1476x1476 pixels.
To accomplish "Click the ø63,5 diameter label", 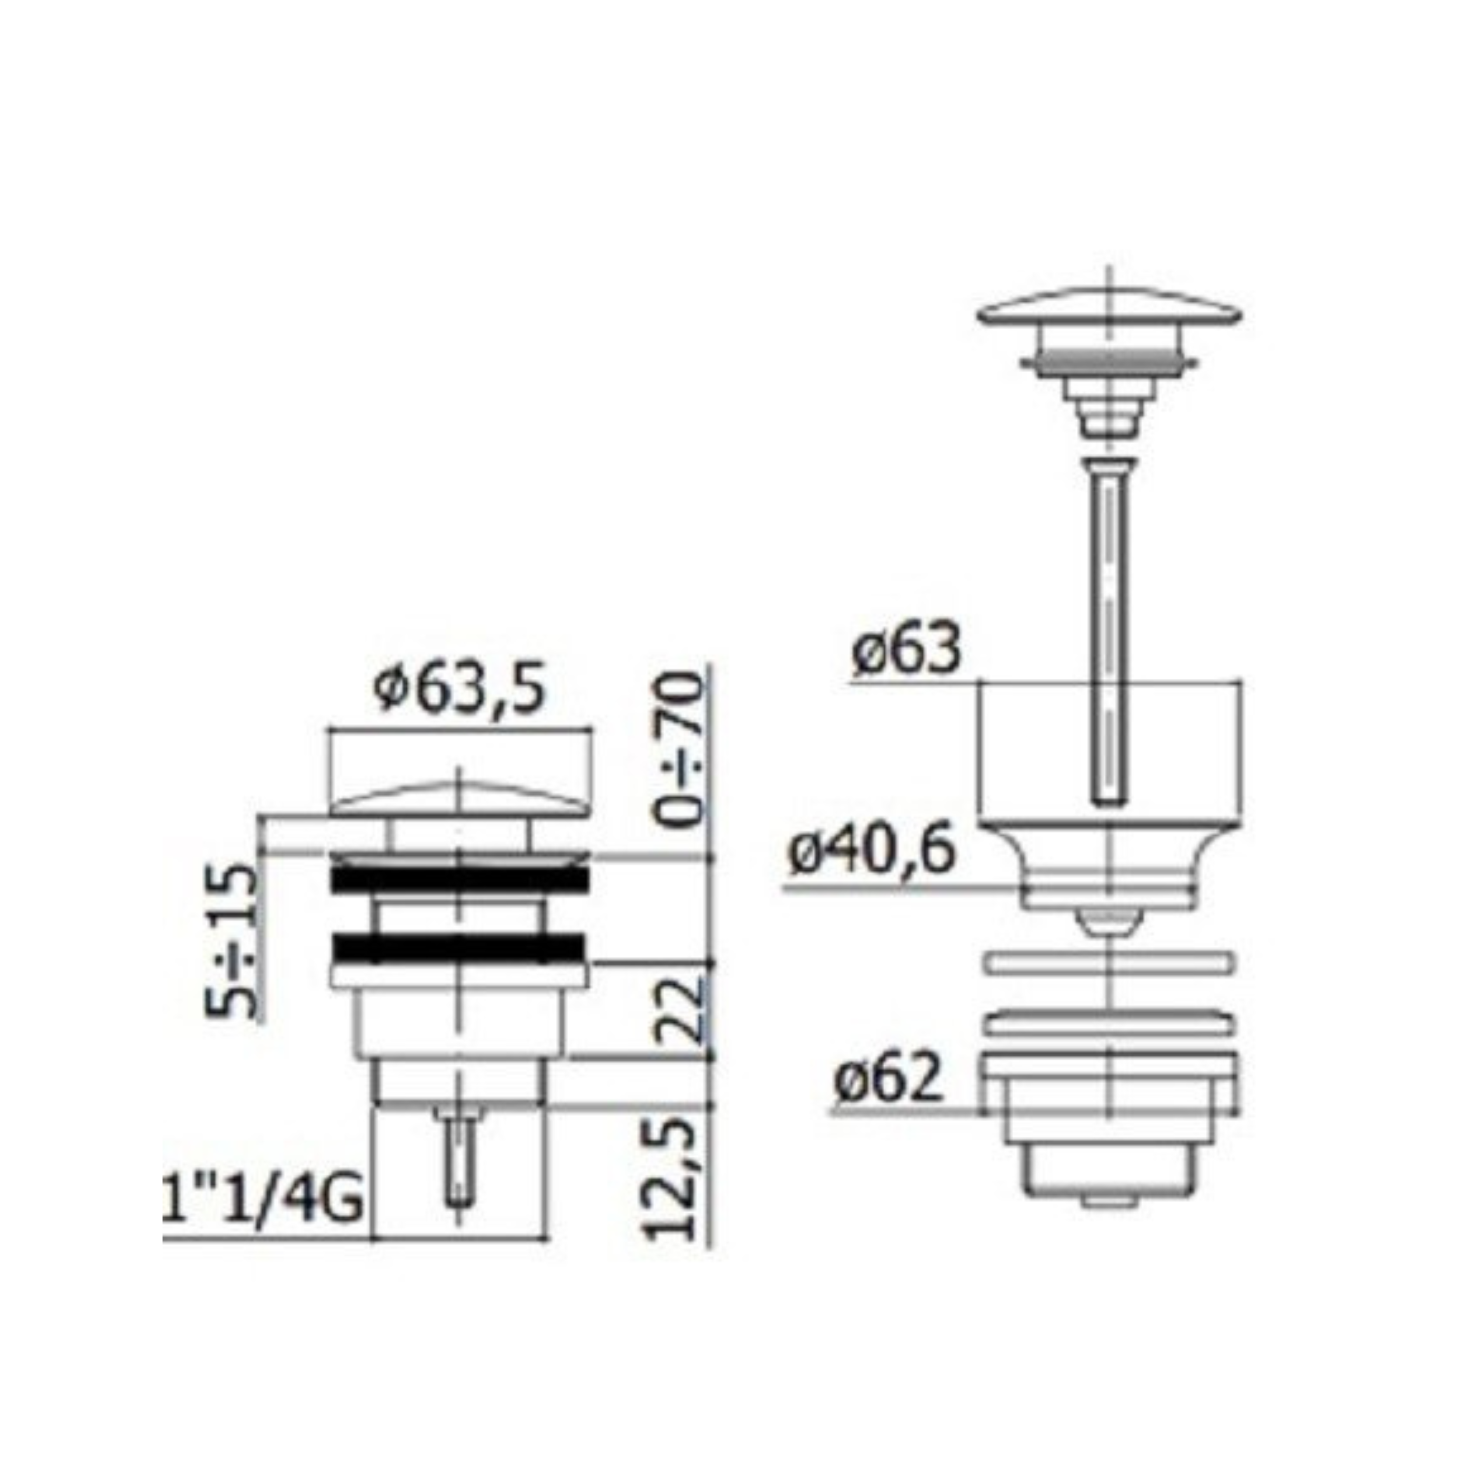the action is click(461, 691).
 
